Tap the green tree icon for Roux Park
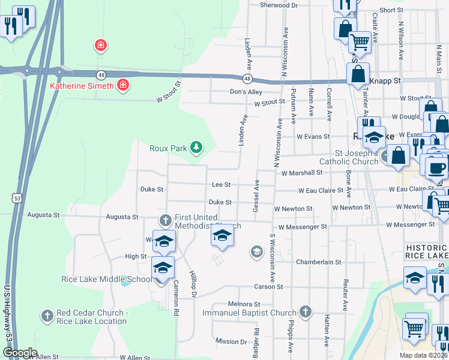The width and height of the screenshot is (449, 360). [x=196, y=147]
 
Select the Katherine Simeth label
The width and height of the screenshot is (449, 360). [x=81, y=86]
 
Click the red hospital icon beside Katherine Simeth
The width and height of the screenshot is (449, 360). [x=123, y=85]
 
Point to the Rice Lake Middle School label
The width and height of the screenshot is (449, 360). [x=107, y=279]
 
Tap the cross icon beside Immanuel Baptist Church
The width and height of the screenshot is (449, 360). [x=306, y=312]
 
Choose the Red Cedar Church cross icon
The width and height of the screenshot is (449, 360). [x=47, y=315]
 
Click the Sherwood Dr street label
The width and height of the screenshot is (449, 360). [x=279, y=5]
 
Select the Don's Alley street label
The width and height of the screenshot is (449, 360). [x=246, y=92]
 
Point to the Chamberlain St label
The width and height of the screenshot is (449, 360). [x=318, y=262]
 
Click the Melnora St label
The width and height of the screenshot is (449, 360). [x=242, y=305]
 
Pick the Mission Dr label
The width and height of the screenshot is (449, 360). [x=231, y=341]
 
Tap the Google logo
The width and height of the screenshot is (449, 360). [x=20, y=353]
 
